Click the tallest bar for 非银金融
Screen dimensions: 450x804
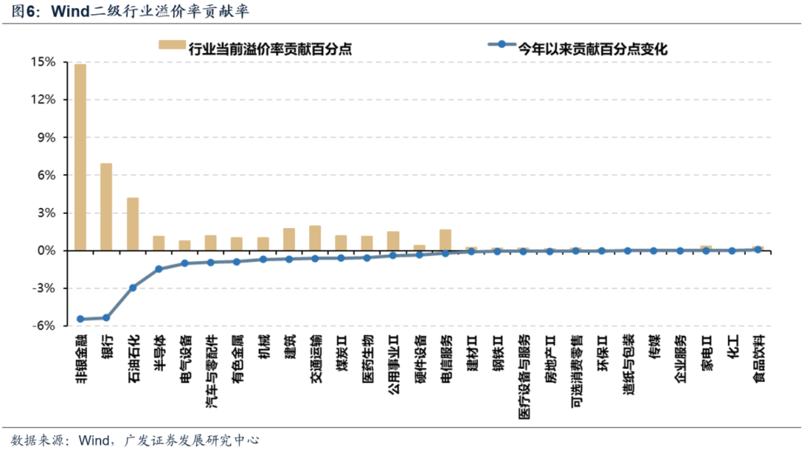[x=80, y=156]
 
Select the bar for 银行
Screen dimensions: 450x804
[x=106, y=206]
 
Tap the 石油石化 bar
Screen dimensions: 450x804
[x=133, y=224]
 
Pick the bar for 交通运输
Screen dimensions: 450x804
[x=315, y=238]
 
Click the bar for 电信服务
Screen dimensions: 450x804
[x=445, y=240]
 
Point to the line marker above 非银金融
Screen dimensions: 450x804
[x=80, y=319]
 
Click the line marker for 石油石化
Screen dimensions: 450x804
[x=133, y=288]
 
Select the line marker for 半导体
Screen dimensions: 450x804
[x=159, y=268]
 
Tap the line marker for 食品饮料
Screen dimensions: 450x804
[x=758, y=250]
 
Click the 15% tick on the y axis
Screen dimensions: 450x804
[x=43, y=62]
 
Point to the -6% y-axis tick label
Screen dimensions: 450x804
[x=43, y=326]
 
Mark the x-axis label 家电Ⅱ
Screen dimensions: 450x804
[x=706, y=354]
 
